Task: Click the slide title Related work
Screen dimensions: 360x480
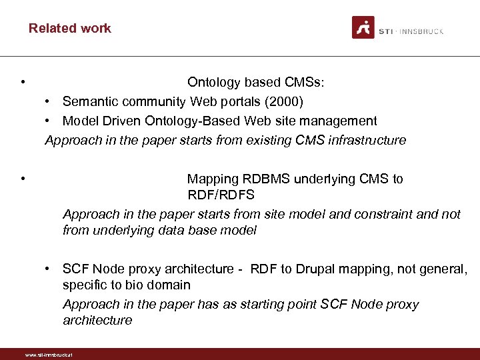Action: tap(69, 28)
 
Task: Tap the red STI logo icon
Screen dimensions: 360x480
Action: tap(363, 28)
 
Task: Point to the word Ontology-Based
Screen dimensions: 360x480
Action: tap(194, 121)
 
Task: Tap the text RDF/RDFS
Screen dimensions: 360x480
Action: tap(221, 195)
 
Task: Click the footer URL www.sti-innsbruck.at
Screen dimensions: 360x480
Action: tap(48, 355)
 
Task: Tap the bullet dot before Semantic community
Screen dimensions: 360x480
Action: tap(49, 101)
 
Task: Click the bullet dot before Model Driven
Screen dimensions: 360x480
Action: tap(49, 121)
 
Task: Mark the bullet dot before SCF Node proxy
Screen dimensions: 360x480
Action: tap(49, 269)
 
